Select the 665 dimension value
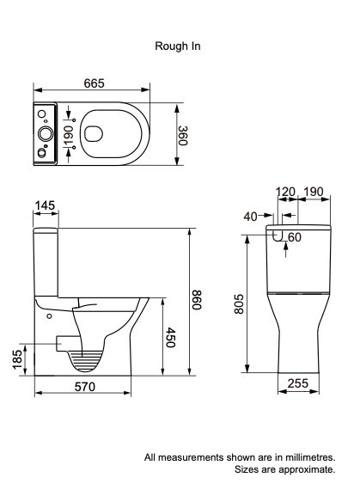(94, 83)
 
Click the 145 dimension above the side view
(46, 206)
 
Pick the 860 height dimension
(197, 302)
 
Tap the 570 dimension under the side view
(82, 387)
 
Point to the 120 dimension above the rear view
(286, 191)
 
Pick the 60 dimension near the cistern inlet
(294, 237)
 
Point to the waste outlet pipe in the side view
(60, 342)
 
